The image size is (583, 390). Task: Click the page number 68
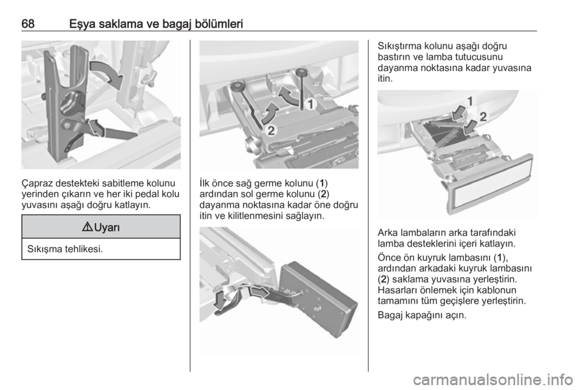pos(28,24)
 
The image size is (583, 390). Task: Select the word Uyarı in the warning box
pos(107,227)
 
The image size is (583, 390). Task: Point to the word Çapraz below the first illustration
pos(37,183)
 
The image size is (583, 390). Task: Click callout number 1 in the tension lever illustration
pos(310,104)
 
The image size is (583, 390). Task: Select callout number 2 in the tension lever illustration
pos(271,131)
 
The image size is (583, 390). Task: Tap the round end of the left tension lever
pos(236,87)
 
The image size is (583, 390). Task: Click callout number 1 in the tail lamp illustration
pos(469,101)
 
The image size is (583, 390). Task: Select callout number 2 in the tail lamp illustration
pos(483,117)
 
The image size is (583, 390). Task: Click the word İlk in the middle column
pos(205,183)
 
